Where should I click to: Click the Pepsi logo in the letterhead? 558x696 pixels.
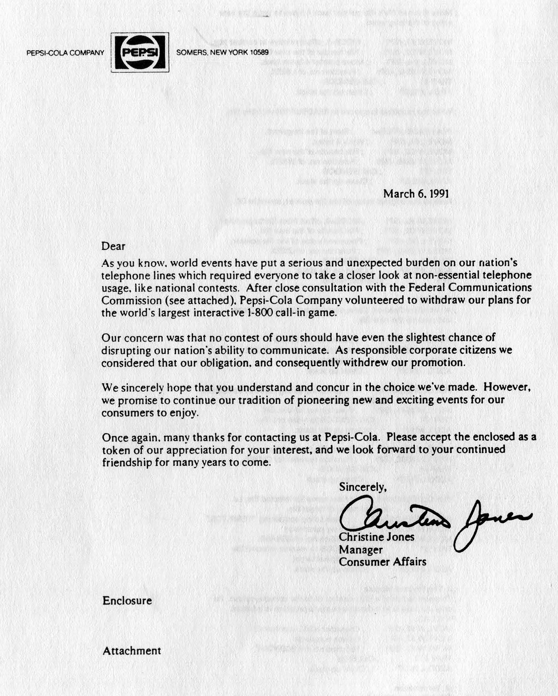[x=140, y=52]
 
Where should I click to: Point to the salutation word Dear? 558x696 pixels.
[x=113, y=246]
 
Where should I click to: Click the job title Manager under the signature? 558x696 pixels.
[x=361, y=550]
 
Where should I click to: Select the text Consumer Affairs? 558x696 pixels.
[x=383, y=562]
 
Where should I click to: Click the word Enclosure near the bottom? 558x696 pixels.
[x=127, y=600]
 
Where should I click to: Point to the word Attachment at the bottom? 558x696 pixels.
[x=132, y=651]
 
